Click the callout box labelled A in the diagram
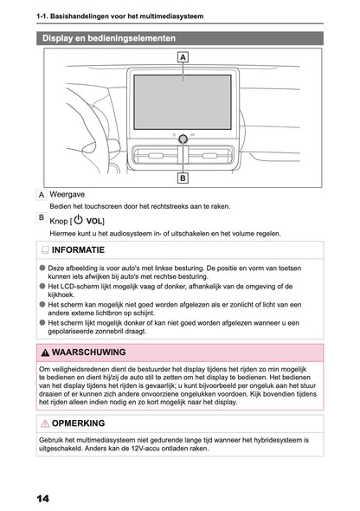pos(183,57)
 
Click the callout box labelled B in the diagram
pos(183,178)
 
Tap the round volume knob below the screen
pos(183,139)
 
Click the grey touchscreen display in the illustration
pos(183,102)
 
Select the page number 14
pos(43,498)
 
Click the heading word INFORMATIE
pos(78,250)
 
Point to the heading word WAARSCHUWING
pos(88,353)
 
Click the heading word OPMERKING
pos(78,424)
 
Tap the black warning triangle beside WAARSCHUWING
pos(45,353)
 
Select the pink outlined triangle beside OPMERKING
pos(45,424)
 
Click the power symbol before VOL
pos(78,220)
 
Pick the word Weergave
pos(67,195)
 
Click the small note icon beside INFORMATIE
pos(45,250)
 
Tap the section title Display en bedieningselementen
pos(109,38)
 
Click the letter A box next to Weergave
pos(42,195)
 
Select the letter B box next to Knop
pos(42,217)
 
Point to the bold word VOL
pos(93,221)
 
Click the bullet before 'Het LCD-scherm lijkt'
pos(42,287)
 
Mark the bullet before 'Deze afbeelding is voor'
pos(42,268)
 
